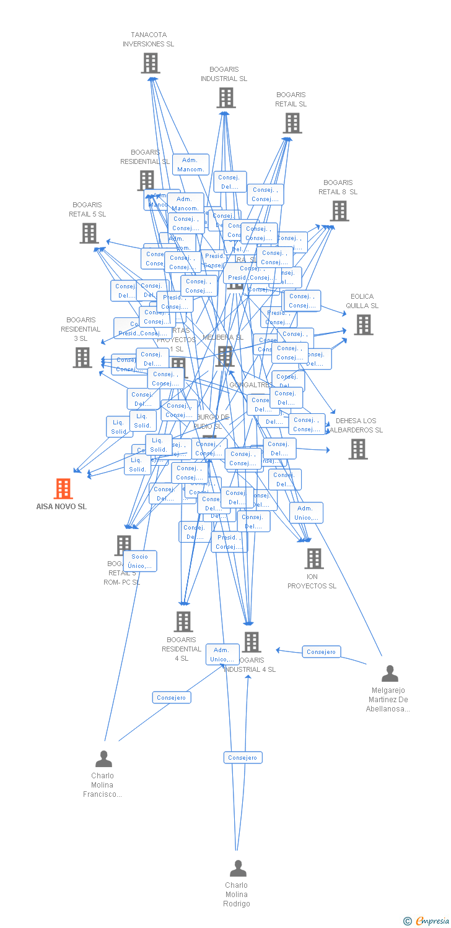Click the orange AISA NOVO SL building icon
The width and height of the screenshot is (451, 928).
click(63, 489)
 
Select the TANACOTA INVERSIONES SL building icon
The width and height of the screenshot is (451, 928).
click(151, 63)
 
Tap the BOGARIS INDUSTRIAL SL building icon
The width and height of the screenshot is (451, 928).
click(225, 98)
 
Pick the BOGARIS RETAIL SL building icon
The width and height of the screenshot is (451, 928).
click(292, 123)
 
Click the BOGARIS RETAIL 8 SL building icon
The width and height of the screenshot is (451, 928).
click(339, 211)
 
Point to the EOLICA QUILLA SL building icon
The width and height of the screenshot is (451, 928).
click(363, 324)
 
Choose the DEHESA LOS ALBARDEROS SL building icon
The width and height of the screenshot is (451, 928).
click(357, 449)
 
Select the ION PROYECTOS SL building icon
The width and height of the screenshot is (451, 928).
click(313, 559)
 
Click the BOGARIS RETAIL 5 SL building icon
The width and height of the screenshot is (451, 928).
click(89, 233)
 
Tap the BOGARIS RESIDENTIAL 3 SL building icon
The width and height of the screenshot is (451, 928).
click(82, 358)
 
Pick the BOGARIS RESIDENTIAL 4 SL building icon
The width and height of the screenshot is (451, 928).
click(183, 622)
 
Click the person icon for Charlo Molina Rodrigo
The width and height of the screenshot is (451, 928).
click(238, 869)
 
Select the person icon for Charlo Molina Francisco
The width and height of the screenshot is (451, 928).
click(103, 759)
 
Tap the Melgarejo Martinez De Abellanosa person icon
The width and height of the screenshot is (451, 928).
click(390, 674)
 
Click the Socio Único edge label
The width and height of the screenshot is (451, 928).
click(140, 561)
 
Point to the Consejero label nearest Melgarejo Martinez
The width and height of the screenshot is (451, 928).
click(321, 652)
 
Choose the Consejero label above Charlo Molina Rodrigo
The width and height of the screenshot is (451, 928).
click(242, 758)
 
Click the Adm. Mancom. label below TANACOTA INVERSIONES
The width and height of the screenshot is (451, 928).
click(190, 165)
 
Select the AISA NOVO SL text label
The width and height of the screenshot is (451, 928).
click(61, 507)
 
